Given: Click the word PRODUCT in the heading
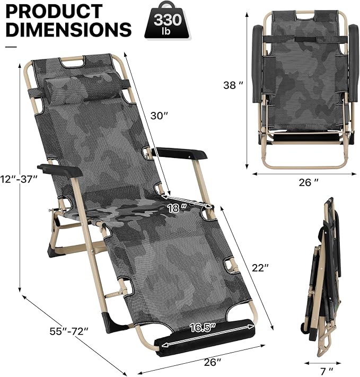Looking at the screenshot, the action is (x=55, y=11).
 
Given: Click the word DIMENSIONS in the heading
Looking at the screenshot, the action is (x=68, y=29).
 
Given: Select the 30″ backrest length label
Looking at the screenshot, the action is (x=159, y=116).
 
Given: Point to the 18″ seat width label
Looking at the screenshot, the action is (x=177, y=208).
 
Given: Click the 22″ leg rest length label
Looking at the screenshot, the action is (x=260, y=268).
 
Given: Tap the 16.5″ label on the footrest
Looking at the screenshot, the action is (x=203, y=328).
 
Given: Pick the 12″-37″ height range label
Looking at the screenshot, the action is (x=19, y=179).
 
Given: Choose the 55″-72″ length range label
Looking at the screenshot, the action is (x=69, y=331).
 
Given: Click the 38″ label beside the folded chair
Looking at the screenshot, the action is (x=233, y=85).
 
